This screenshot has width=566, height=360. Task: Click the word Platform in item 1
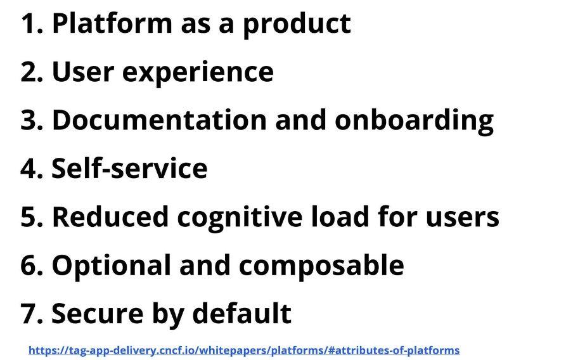(x=112, y=23)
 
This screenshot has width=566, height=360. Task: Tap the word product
(x=297, y=25)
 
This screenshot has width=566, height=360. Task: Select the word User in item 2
(x=83, y=71)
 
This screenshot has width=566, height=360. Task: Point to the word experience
(x=198, y=73)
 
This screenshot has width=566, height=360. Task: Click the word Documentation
(x=159, y=120)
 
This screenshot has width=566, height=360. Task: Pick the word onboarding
(x=414, y=121)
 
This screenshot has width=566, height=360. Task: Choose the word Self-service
(x=129, y=167)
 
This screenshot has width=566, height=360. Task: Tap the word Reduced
(x=110, y=216)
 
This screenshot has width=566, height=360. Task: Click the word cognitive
(x=240, y=218)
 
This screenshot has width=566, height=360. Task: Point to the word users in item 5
(x=463, y=218)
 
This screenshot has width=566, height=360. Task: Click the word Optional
(x=111, y=266)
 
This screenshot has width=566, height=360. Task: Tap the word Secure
(x=98, y=313)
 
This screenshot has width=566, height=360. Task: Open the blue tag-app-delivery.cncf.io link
(x=244, y=350)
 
